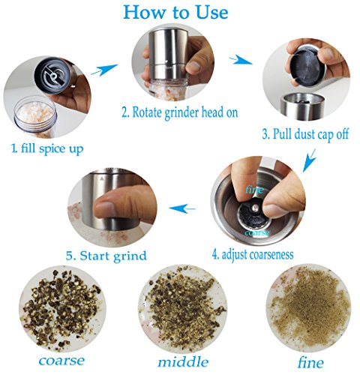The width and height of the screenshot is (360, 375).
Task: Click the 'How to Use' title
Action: coord(175,12)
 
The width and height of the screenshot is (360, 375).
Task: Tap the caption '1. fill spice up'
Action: coord(47,148)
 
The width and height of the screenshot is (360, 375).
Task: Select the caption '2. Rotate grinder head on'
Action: coord(180,112)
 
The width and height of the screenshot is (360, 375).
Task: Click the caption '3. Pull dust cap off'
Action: coord(305,134)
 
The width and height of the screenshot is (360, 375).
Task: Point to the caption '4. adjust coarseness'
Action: coord(253,255)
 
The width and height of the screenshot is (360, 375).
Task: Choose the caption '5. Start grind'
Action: coord(106,256)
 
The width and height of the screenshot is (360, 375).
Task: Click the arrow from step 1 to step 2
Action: coord(104,70)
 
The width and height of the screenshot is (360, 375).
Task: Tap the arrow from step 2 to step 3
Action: coord(240,60)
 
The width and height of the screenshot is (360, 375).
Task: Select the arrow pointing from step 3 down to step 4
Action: coord(309,160)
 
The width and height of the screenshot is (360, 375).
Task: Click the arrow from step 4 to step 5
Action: coord(182,208)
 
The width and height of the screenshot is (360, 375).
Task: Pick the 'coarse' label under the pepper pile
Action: coord(61,361)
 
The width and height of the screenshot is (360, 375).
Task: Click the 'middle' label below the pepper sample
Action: coord(183,362)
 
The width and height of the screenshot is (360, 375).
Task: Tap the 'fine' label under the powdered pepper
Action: coord(310,362)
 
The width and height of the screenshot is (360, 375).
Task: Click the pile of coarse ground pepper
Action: coord(61,309)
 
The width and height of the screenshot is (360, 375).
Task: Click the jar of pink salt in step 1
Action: coord(35,116)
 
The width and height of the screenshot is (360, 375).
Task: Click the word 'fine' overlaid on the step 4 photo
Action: coord(254,189)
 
